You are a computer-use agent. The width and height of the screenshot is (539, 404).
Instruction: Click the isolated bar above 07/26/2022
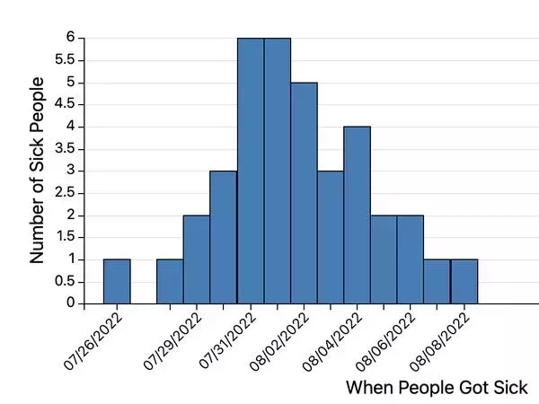coord(117,281)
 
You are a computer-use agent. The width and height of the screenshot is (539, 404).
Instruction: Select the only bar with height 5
coord(304,193)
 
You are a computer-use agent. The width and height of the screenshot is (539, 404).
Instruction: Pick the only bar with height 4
coord(357,215)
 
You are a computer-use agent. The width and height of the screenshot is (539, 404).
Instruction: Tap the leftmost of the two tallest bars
coord(251,171)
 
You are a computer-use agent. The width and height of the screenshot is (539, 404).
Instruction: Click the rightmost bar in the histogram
coord(464,281)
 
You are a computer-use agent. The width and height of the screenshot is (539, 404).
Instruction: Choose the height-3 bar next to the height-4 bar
coord(330,237)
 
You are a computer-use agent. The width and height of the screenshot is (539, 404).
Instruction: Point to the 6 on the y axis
coord(69,39)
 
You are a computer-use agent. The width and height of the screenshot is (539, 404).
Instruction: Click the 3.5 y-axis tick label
coord(64,149)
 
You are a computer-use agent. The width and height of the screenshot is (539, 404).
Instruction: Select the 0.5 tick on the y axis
coord(64,281)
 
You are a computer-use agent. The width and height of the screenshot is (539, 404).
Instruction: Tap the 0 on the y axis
coord(69,303)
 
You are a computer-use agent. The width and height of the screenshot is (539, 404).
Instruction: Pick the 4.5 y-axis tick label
coord(64,105)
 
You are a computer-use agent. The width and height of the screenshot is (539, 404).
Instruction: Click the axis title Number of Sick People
coord(38,171)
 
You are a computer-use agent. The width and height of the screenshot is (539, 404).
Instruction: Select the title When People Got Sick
coord(437,388)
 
